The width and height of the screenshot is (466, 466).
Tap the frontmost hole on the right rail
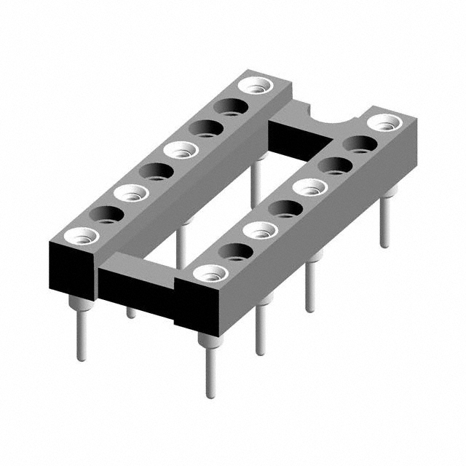210,274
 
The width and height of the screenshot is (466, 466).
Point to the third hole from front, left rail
131,193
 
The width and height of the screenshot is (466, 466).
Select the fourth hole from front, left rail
156,172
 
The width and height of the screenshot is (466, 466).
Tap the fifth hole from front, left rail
181,151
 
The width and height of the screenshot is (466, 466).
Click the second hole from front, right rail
235,252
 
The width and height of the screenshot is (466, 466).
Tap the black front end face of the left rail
71,269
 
